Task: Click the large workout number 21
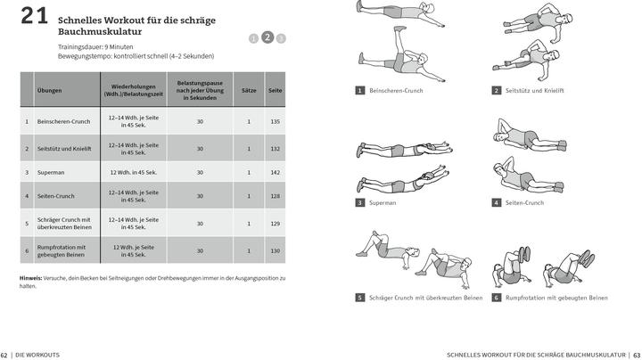33,15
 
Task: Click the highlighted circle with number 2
267,37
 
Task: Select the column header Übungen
50,91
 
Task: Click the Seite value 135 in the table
275,121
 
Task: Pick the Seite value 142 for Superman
275,172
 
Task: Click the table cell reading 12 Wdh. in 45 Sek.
134,172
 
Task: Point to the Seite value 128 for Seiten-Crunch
275,196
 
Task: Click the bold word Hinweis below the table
31,278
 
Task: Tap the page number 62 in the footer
4,355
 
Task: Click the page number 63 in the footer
637,355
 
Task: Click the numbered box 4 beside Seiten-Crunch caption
496,202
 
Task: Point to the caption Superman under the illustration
383,203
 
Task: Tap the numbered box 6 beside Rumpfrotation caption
496,298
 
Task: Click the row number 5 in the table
27,224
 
